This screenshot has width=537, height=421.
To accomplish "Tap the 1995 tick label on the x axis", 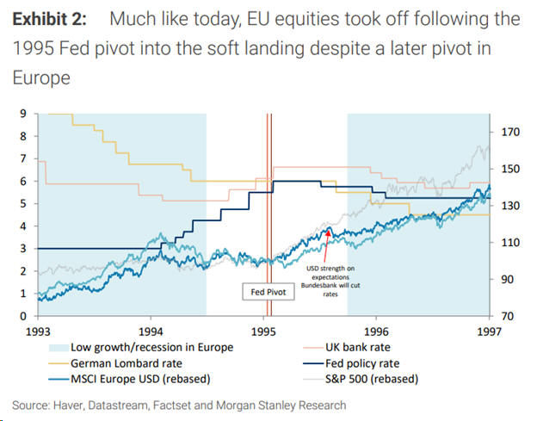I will pyautogui.click(x=263, y=331).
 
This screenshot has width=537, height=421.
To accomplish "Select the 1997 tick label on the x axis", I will pyautogui.click(x=488, y=331).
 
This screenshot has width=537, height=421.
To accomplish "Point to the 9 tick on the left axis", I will pyautogui.click(x=22, y=114).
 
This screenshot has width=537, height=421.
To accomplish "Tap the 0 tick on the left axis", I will pyautogui.click(x=22, y=316).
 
